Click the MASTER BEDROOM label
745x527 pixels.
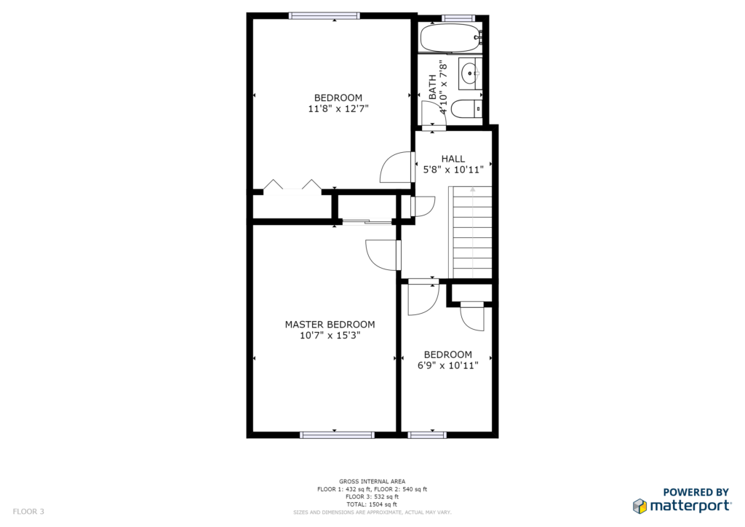[330, 325]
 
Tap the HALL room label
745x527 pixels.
[453, 159]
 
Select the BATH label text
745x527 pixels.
[432, 87]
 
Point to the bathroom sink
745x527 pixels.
[470, 74]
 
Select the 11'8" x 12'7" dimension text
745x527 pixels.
[338, 109]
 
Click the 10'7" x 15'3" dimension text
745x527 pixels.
[330, 336]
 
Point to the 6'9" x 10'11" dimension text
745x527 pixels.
[447, 365]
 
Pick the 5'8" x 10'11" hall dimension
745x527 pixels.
[453, 169]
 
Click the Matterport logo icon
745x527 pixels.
[640, 506]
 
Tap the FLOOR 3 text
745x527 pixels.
[28, 512]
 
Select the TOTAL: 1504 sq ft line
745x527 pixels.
[372, 504]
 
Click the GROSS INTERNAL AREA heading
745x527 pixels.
[372, 481]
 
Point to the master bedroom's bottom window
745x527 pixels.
[337, 435]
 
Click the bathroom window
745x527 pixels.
[458, 18]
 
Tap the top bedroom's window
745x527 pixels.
[324, 16]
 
